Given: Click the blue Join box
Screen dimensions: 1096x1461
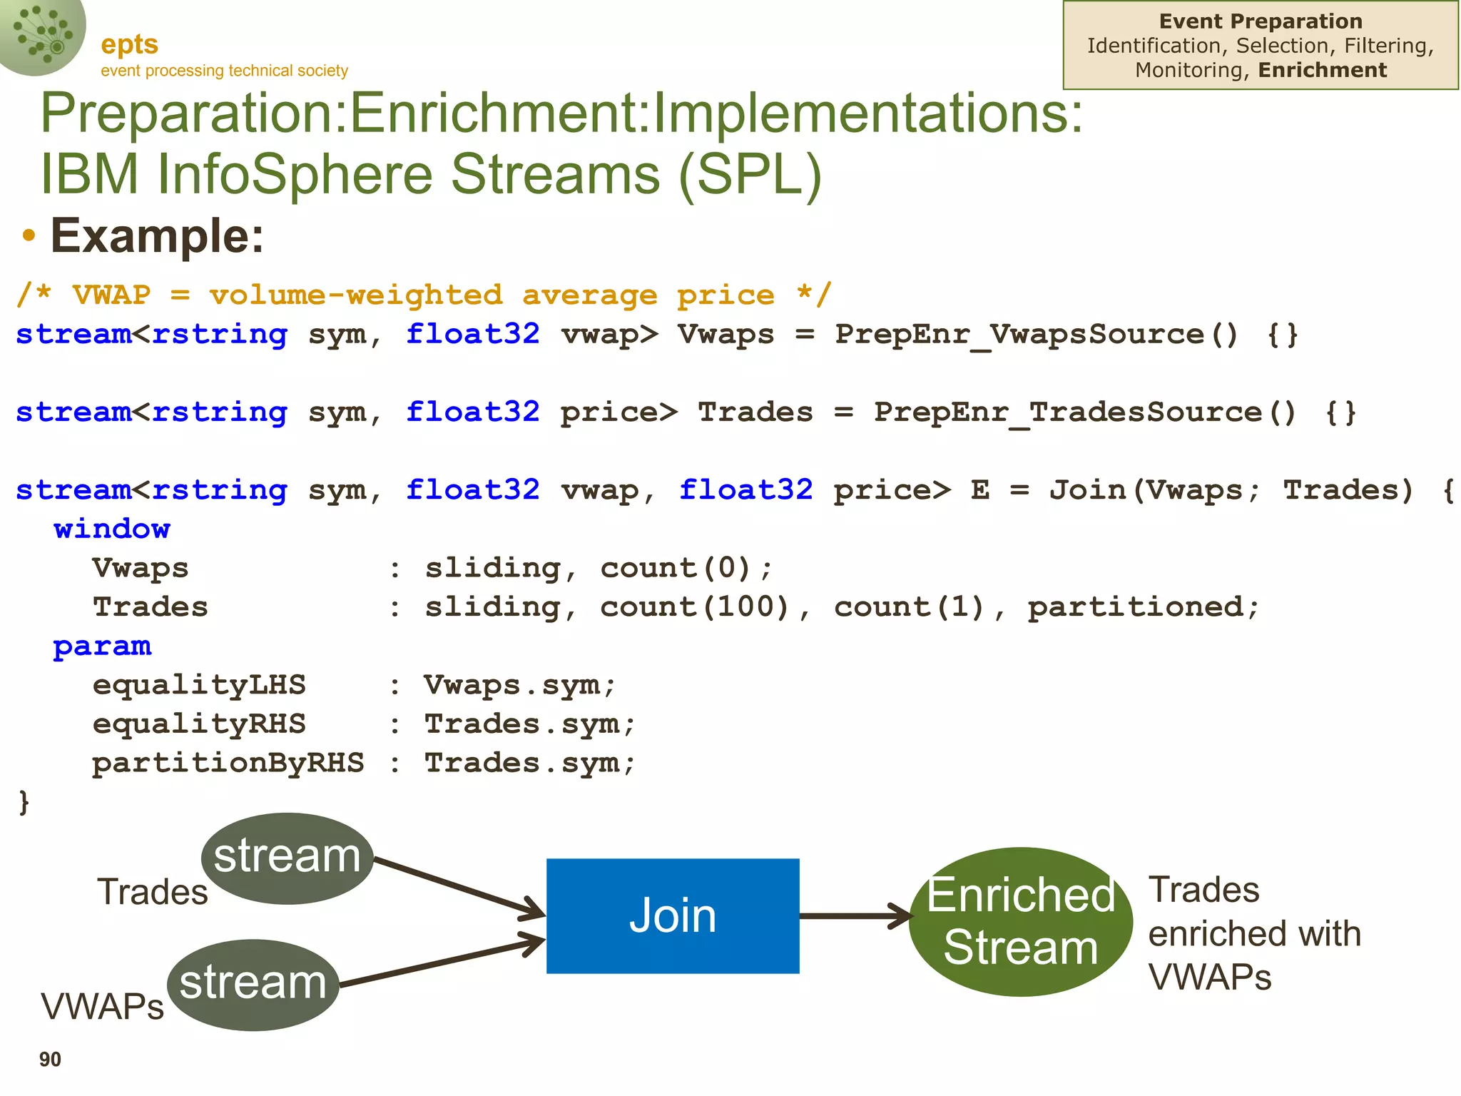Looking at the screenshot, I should pos(672,915).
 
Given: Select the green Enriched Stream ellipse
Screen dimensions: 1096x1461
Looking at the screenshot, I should pos(1020,921).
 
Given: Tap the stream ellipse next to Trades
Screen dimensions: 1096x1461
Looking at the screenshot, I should pos(287,858).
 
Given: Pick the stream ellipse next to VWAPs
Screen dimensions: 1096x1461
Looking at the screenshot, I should pos(253,984).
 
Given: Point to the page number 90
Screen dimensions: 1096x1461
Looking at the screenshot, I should pos(50,1060).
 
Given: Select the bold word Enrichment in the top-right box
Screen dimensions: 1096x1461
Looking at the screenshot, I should pos(1322,70).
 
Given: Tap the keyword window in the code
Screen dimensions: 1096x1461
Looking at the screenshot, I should pos(112,529).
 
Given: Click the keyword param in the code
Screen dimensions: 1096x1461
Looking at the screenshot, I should pos(102,646).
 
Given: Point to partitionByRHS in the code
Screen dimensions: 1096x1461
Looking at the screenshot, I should pos(228,763).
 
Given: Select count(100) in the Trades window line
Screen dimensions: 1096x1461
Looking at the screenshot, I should pos(694,607).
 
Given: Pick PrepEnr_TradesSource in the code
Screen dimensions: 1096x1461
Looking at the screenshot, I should pos(1068,412).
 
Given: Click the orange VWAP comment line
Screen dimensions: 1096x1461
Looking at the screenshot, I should pos(424,295).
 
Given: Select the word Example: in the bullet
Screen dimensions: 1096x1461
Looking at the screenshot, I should pos(157,236).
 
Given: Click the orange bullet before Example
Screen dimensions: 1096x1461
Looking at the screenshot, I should pos(29,236).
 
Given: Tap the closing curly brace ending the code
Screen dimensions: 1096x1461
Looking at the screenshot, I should pos(24,802).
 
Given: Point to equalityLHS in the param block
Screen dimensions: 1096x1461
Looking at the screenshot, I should pos(199,686).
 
